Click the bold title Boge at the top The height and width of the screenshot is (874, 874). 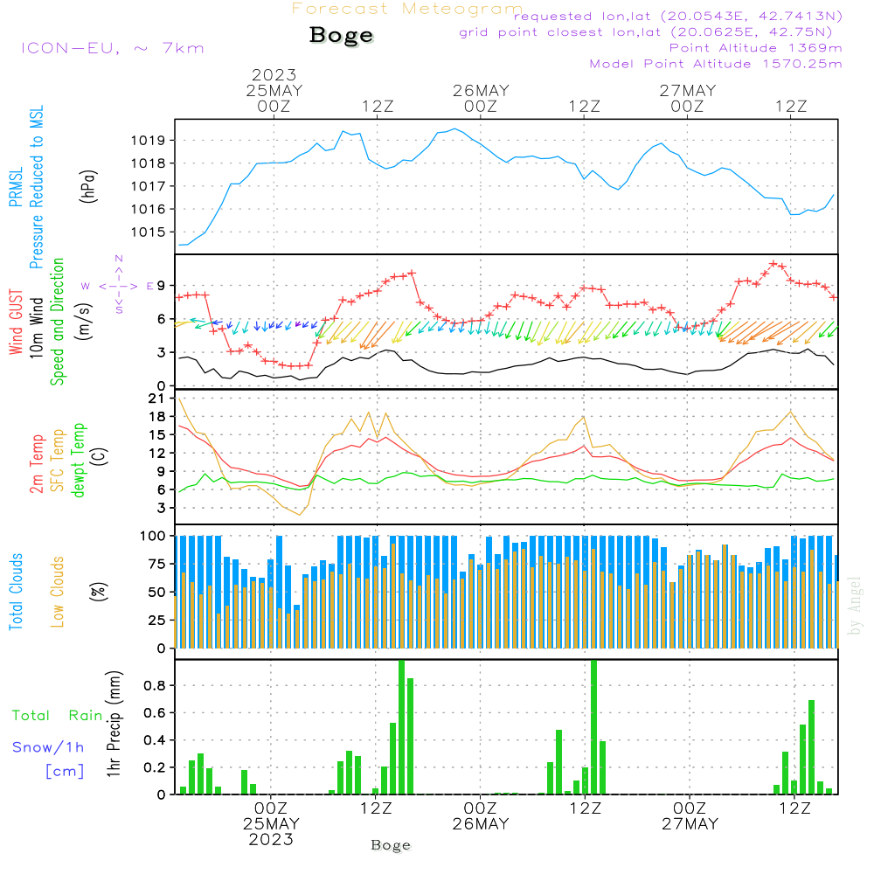coord(341,36)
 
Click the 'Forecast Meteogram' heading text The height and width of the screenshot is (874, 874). coord(407,10)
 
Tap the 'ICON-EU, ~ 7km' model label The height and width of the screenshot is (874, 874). coord(112,47)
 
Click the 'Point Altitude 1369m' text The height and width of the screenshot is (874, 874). coord(755,48)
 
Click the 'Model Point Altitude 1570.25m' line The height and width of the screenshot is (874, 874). coord(716,64)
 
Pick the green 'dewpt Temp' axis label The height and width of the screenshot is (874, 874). coord(79,461)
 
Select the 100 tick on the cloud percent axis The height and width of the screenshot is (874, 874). coord(154,536)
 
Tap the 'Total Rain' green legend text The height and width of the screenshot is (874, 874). coord(57,716)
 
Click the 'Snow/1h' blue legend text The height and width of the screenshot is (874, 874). coord(48,748)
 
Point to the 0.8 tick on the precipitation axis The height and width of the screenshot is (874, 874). coord(155,685)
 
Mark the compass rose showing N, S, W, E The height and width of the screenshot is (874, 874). coord(119,285)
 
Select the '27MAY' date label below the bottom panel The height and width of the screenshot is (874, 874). coord(689,824)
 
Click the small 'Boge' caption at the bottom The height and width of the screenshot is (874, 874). coord(390,845)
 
